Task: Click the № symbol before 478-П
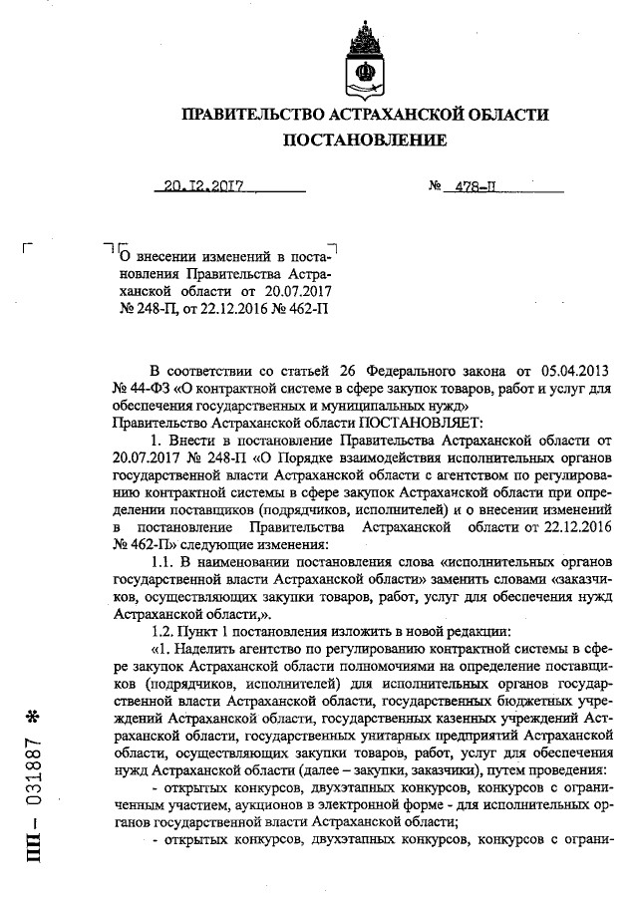point(435,185)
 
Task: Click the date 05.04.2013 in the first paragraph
point(573,369)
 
